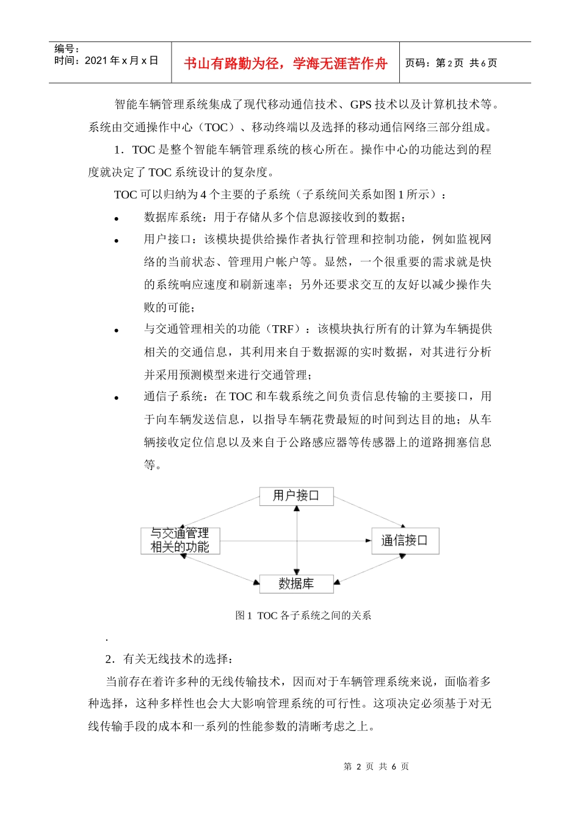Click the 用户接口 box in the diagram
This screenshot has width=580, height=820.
click(296, 495)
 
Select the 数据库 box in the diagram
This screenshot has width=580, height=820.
click(296, 584)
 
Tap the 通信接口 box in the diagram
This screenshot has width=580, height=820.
click(405, 541)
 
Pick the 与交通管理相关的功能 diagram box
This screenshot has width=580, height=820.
click(180, 541)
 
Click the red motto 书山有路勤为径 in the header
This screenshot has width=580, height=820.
click(286, 63)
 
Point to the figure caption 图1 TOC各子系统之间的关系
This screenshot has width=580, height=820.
click(303, 616)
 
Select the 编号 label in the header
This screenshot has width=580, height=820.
click(67, 49)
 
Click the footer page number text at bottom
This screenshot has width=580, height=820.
click(376, 766)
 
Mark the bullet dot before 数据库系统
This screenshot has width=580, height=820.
click(116, 218)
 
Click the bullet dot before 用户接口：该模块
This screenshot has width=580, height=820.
click(116, 241)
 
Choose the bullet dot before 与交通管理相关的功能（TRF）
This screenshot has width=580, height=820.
click(116, 331)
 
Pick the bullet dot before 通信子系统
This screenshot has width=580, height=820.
click(116, 398)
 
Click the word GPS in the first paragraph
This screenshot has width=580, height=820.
click(361, 104)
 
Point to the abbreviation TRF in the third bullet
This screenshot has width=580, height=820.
click(283, 329)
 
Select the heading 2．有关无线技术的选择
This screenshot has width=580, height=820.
click(169, 659)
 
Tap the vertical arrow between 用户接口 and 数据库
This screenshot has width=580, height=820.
click(297, 540)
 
